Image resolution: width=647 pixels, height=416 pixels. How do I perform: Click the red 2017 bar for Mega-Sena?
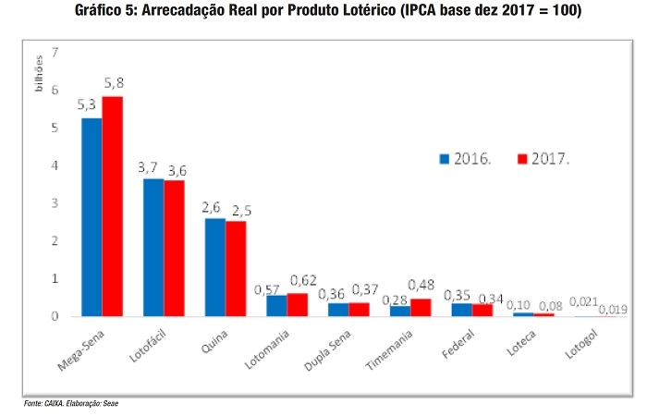click(113, 206)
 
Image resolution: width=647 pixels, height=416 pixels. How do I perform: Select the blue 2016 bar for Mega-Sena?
click(92, 217)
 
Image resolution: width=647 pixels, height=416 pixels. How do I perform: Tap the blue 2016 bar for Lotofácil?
click(153, 248)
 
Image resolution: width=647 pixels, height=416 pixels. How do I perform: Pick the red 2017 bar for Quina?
click(236, 269)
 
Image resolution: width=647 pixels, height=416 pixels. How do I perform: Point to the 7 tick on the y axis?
click(55, 52)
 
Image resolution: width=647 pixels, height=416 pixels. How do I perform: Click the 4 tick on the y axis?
click(55, 165)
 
